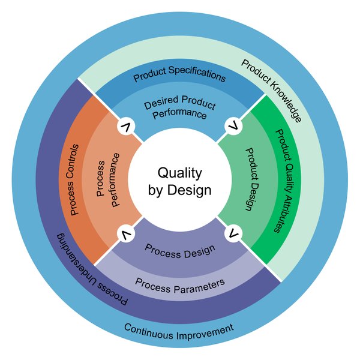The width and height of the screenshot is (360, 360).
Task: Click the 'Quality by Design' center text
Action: pyautogui.click(x=179, y=181)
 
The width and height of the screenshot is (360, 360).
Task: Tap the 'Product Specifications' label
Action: pyautogui.click(x=179, y=77)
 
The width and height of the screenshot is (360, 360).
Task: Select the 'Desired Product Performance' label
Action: pyautogui.click(x=179, y=108)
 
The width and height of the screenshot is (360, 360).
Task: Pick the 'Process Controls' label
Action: pyautogui.click(x=74, y=180)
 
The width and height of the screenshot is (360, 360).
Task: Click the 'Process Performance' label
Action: pyautogui.click(x=109, y=180)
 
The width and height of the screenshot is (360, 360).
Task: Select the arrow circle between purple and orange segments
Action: pyautogui.click(x=127, y=233)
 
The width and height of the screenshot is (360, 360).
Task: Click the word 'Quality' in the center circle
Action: pyautogui.click(x=179, y=173)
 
